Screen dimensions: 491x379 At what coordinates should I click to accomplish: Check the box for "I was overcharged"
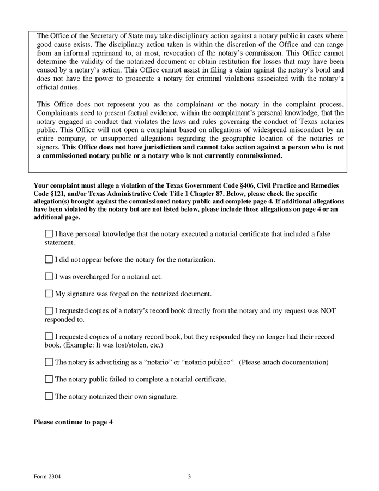[x=49, y=277]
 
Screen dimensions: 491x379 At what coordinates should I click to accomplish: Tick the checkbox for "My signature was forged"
[x=49, y=294]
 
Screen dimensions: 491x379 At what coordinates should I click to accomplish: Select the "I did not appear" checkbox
[x=49, y=260]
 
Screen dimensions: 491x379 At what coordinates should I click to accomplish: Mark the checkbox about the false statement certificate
[x=49, y=234]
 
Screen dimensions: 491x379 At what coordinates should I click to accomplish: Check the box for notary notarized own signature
[x=49, y=396]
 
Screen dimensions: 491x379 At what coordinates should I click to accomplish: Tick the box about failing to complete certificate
[x=49, y=379]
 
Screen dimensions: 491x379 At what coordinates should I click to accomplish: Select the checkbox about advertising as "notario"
[x=49, y=362]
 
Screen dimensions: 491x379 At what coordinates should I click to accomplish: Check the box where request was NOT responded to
[x=49, y=311]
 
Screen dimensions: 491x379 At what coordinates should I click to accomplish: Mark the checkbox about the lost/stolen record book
[x=49, y=337]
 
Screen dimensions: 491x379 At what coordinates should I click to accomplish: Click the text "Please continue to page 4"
[x=73, y=422]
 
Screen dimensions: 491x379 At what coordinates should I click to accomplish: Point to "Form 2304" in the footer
[x=47, y=476]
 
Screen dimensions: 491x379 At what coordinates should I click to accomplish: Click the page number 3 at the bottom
[x=189, y=476]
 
